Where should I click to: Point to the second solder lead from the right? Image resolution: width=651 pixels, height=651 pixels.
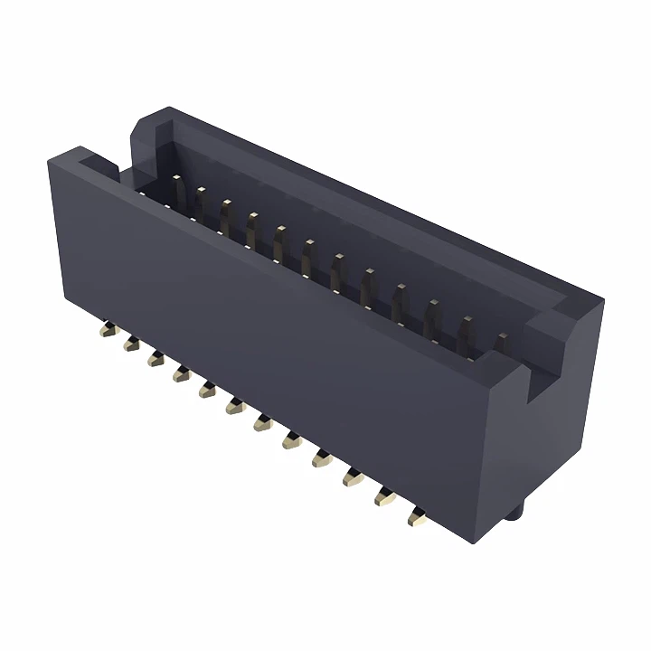pos(385,496)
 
